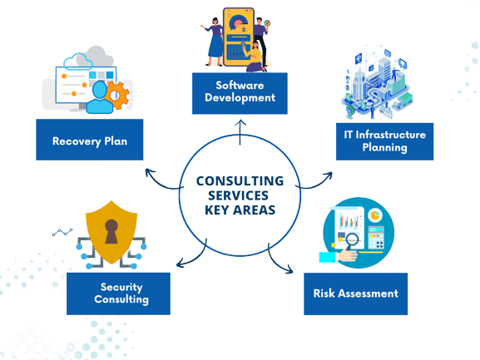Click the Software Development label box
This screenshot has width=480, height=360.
pos(240,92)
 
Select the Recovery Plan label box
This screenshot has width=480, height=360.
pos(87,140)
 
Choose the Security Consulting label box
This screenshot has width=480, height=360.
pos(119,293)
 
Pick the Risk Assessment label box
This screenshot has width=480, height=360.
pos(356,293)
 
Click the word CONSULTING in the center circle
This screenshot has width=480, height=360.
pos(240,180)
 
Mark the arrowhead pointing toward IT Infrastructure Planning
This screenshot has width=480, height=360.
pos(329,175)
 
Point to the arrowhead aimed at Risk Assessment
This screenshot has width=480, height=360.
pos(289,269)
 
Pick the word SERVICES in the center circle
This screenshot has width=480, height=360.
pos(240,195)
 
